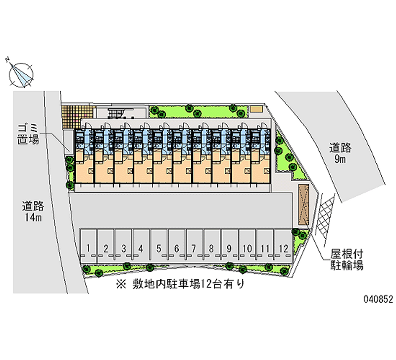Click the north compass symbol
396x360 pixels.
tap(21, 73)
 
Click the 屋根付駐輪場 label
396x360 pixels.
tap(347, 260)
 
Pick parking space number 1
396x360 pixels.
tap(88, 248)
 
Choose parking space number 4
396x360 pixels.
tap(141, 248)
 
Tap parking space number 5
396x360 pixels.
tap(159, 248)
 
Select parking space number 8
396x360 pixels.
tap(211, 248)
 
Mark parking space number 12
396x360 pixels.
tap(283, 248)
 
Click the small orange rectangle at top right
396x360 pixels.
tap(255, 108)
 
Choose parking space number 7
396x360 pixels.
tap(194, 248)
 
